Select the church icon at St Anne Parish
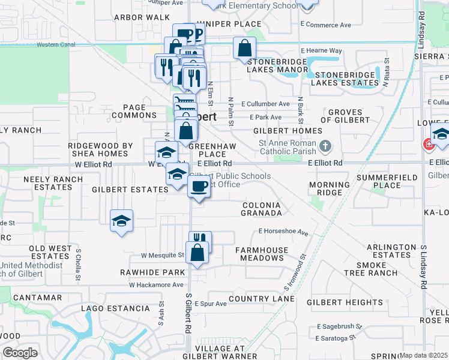(325, 146)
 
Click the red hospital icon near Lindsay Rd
(428, 144)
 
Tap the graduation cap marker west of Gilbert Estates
(121, 221)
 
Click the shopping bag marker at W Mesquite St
(197, 253)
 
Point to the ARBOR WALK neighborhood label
(133, 17)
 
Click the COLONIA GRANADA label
(261, 209)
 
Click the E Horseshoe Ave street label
(283, 231)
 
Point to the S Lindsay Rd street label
(424, 267)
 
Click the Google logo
(20, 353)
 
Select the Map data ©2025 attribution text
(424, 355)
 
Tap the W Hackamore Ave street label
(155, 284)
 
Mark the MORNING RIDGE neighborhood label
(328, 188)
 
